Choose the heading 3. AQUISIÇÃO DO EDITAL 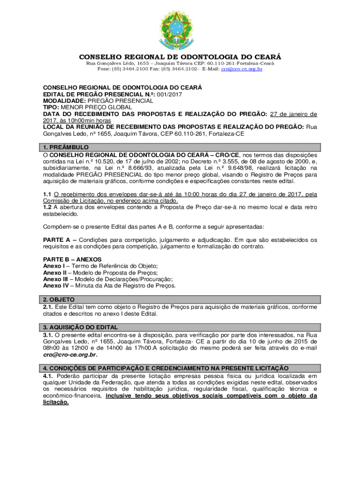pyautogui.click(x=80, y=327)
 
